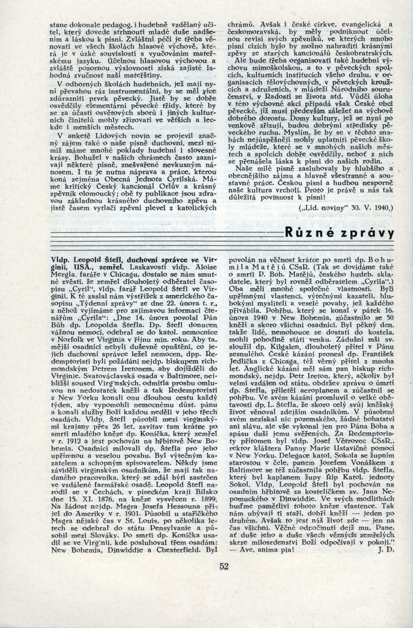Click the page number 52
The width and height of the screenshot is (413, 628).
[224, 566]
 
